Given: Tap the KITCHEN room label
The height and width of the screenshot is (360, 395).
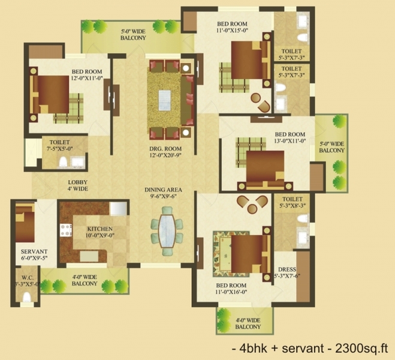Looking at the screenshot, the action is tap(99, 229).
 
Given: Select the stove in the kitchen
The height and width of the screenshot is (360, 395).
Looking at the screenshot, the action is tap(66, 230).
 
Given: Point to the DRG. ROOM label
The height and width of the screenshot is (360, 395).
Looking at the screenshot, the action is tap(165, 148).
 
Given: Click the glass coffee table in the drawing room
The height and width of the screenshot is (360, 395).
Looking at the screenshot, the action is tap(164, 100).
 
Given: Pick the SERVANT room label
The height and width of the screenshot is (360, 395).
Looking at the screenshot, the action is tap(34, 251).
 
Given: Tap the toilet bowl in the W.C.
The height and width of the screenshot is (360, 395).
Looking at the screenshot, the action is tap(26, 297).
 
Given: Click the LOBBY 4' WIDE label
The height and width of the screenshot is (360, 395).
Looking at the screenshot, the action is tap(78, 185).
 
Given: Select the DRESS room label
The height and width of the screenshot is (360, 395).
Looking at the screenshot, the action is tap(287, 269).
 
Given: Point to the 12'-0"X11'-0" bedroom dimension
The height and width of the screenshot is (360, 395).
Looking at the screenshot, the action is tap(88, 78).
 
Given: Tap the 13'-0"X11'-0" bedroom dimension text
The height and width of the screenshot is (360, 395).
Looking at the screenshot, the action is tap(290, 140).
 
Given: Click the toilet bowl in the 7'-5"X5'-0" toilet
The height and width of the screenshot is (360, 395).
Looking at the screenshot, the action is tap(63, 161).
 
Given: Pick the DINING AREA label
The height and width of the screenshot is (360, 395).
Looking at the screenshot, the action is tap(163, 190).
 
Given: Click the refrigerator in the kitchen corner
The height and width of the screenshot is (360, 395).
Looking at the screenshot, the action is tap(119, 208).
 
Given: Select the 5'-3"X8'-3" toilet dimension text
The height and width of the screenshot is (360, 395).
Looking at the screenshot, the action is tap(293, 205).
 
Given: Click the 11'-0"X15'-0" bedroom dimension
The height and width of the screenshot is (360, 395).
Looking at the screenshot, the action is tap(232, 30).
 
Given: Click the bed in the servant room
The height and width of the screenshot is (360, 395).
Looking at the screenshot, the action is tap(25, 223).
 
